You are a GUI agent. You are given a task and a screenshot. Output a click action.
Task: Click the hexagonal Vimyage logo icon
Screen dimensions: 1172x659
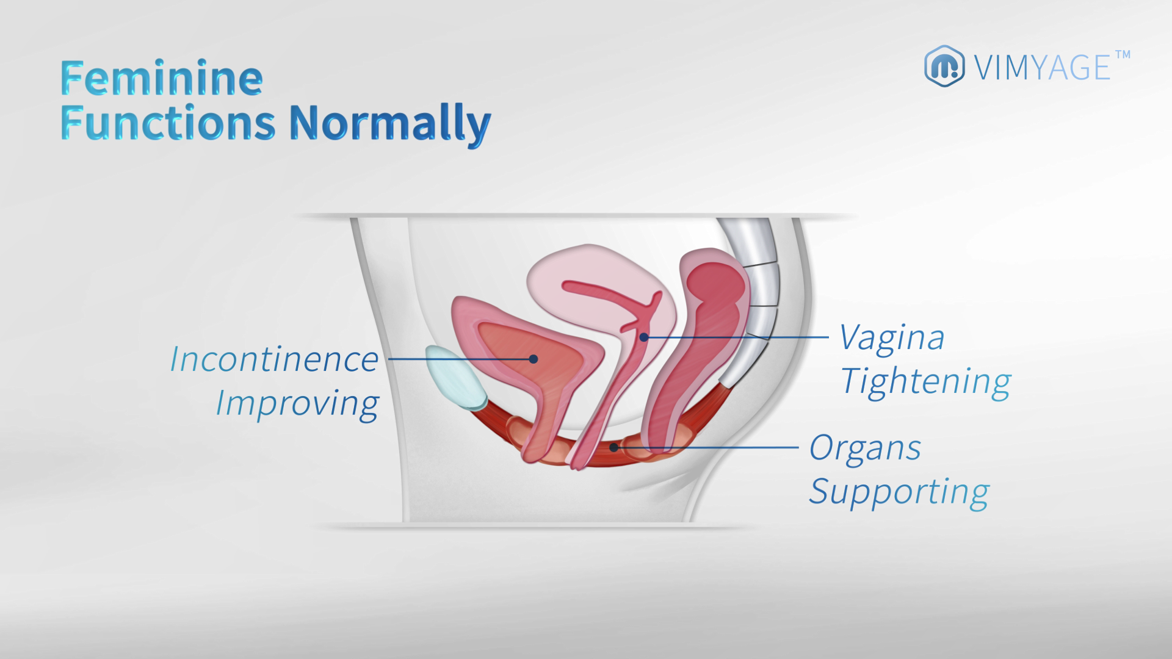pyautogui.click(x=944, y=65)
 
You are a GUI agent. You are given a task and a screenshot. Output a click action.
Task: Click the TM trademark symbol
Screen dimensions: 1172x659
pyautogui.click(x=1123, y=55)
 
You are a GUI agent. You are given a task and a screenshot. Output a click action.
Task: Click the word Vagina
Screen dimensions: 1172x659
pyautogui.click(x=892, y=337)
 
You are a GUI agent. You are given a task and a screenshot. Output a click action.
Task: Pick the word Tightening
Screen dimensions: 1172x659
pyautogui.click(x=925, y=381)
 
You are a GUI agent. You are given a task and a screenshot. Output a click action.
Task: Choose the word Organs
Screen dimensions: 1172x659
pyautogui.click(x=865, y=449)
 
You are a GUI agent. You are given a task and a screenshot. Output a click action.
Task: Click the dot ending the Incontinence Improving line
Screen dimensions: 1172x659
pyautogui.click(x=533, y=359)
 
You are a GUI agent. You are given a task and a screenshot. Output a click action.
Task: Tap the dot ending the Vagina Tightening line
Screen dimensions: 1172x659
pyautogui.click(x=643, y=337)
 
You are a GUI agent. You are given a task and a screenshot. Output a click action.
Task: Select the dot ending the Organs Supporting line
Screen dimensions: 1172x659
pyautogui.click(x=615, y=447)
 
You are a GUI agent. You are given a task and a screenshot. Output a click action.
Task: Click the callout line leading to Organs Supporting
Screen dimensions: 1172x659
pyautogui.click(x=707, y=447)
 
